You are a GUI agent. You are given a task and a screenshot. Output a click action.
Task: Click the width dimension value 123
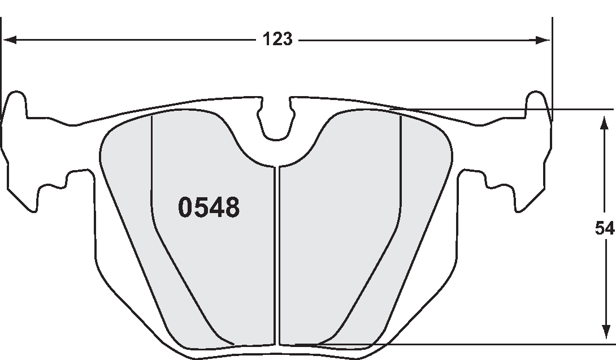[277, 40]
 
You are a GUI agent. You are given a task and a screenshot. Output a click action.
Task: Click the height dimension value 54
[605, 228]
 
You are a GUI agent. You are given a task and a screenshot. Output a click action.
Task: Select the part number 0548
[209, 208]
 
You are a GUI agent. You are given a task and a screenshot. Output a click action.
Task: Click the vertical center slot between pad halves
[277, 254]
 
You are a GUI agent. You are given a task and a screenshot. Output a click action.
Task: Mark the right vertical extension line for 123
[552, 68]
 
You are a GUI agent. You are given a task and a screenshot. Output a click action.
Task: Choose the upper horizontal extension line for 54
[509, 109]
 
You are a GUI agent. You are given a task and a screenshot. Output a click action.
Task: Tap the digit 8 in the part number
[232, 208]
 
